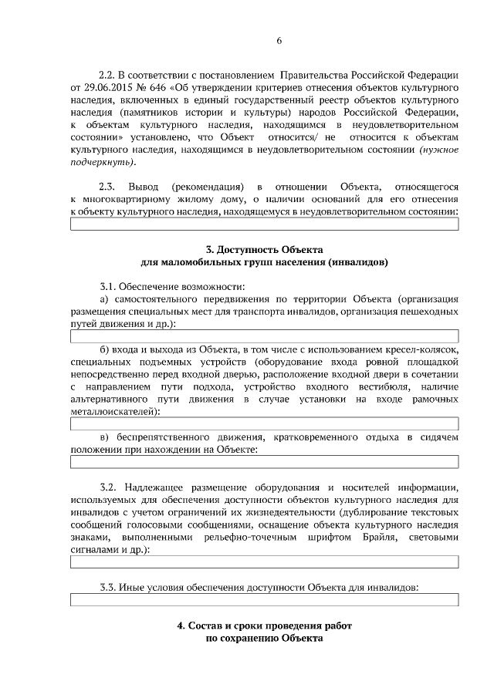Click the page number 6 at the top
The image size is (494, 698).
pyautogui.click(x=279, y=42)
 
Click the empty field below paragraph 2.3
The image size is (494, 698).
pyautogui.click(x=264, y=224)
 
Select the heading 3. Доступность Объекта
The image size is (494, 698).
pyautogui.click(x=265, y=250)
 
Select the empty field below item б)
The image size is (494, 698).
pyautogui.click(x=264, y=423)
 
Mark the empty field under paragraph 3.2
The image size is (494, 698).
pyautogui.click(x=264, y=561)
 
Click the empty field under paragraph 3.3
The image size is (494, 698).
pyautogui.click(x=264, y=599)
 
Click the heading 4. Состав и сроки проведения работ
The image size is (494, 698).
pyautogui.click(x=265, y=626)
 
